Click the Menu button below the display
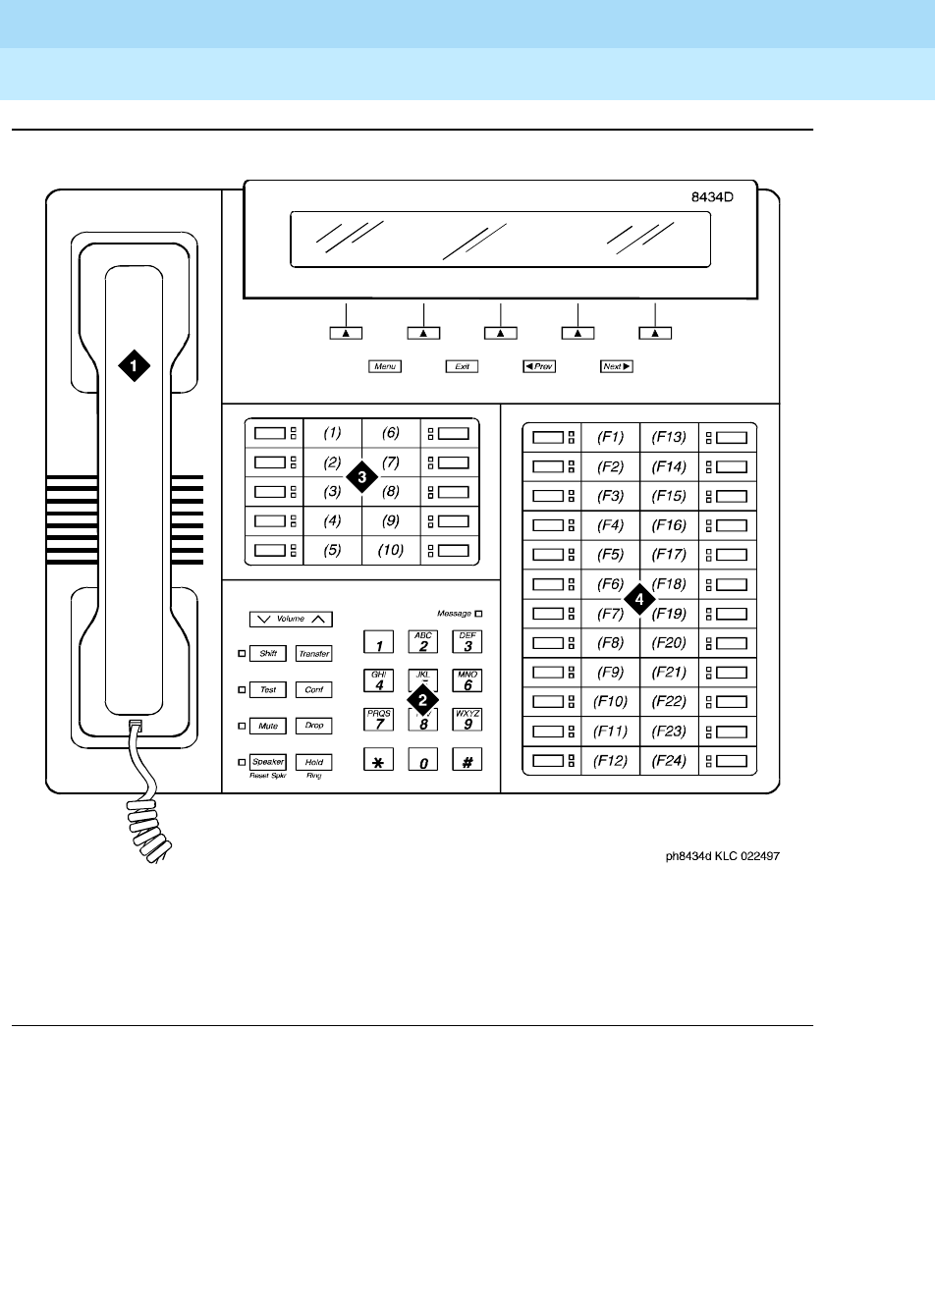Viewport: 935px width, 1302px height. point(384,366)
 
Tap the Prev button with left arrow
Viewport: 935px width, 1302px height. point(538,366)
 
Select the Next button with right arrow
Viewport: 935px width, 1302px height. point(616,366)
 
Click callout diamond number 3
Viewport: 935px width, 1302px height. point(362,475)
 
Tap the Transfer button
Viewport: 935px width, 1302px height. point(313,654)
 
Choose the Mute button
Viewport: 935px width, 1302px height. point(268,726)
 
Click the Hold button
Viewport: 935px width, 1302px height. point(313,762)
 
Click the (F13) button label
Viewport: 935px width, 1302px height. point(669,437)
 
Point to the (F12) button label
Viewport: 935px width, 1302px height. point(611,761)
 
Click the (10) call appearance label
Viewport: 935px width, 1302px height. point(391,550)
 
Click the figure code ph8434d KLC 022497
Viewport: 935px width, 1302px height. point(722,856)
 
